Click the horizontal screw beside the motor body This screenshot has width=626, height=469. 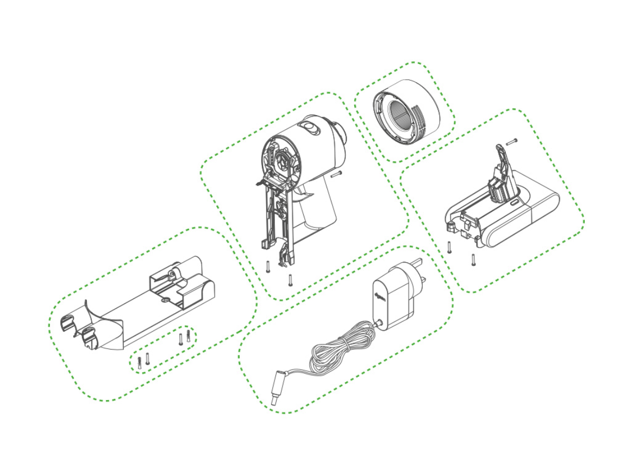pyautogui.click(x=335, y=174)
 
